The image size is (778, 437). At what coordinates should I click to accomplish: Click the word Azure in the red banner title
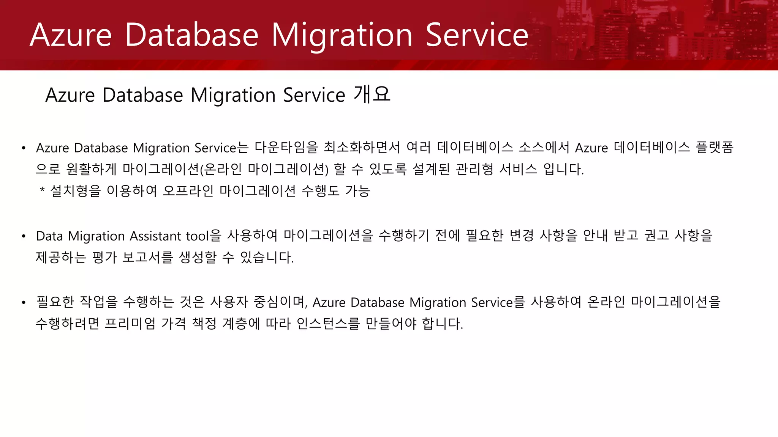71,35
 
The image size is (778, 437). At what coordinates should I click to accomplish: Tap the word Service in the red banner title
477,35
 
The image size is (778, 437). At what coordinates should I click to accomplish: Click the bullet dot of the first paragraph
24,148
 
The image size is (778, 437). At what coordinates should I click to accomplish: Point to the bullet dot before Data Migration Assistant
24,236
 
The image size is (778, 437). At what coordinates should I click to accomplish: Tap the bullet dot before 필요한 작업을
24,303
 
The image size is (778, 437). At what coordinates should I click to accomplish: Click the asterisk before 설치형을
42,190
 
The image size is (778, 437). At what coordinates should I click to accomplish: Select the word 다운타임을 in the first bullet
286,148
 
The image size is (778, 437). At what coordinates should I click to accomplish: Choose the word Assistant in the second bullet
155,236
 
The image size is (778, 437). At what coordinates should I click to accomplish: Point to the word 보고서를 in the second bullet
147,258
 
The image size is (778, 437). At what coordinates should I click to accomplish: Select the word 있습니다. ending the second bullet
267,258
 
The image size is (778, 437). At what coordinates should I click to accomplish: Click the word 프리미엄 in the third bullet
130,324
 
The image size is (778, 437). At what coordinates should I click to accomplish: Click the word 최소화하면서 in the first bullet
362,148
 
